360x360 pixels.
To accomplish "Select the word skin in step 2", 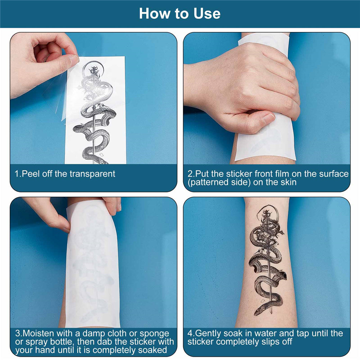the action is coord(288,182).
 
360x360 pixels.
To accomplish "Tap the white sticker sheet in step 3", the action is coord(93,264).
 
